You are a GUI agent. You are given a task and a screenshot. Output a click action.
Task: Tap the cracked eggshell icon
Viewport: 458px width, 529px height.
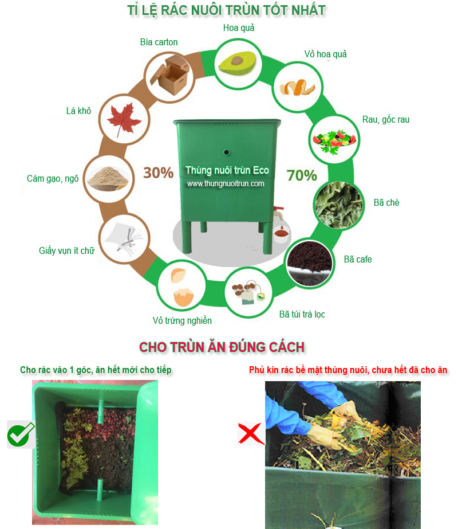coord(184,287)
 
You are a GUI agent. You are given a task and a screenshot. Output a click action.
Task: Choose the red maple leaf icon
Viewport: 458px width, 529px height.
coord(120,119)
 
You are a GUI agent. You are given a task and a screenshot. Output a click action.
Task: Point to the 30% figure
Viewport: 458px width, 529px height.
coord(158,173)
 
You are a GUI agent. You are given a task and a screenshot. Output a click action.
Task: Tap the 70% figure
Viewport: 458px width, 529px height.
coord(302,175)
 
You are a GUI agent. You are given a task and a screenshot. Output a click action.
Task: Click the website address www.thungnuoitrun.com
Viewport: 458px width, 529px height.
coord(225,184)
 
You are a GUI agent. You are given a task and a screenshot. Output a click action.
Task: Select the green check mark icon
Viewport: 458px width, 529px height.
coord(21,434)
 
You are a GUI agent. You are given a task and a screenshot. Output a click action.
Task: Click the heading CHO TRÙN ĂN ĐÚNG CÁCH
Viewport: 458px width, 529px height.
coord(222,347)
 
